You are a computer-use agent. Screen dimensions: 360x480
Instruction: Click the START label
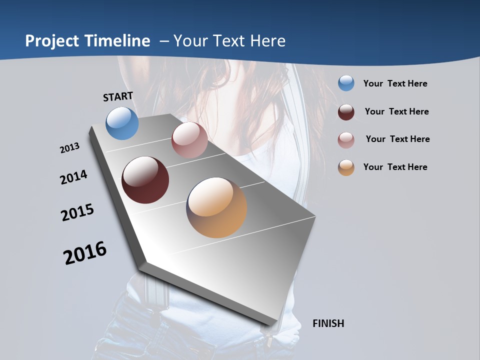118,96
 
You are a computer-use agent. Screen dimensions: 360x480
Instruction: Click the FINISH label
328,323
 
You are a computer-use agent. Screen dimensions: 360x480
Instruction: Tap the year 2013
69,148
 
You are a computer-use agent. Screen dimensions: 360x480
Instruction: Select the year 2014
73,177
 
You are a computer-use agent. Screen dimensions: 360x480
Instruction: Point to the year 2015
77,212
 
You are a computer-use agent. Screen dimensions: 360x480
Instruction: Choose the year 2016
85,253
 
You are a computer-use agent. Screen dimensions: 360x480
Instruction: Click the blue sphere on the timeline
122,123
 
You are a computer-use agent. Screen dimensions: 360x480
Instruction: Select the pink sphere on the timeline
189,140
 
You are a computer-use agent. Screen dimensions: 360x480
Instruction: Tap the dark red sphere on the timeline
145,180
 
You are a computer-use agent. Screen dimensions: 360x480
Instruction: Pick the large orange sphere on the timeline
216,207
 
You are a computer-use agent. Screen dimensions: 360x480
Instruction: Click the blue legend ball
346,83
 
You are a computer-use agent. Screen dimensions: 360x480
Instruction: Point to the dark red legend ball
346,112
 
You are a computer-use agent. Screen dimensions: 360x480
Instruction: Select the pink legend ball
346,140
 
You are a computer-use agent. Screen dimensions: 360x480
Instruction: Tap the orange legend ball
346,167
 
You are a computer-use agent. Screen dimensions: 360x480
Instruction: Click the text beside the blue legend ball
395,84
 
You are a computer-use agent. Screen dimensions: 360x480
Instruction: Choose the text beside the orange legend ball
395,167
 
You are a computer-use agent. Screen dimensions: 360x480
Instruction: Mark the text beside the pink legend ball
397,139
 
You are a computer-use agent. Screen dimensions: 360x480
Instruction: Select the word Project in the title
51,41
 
